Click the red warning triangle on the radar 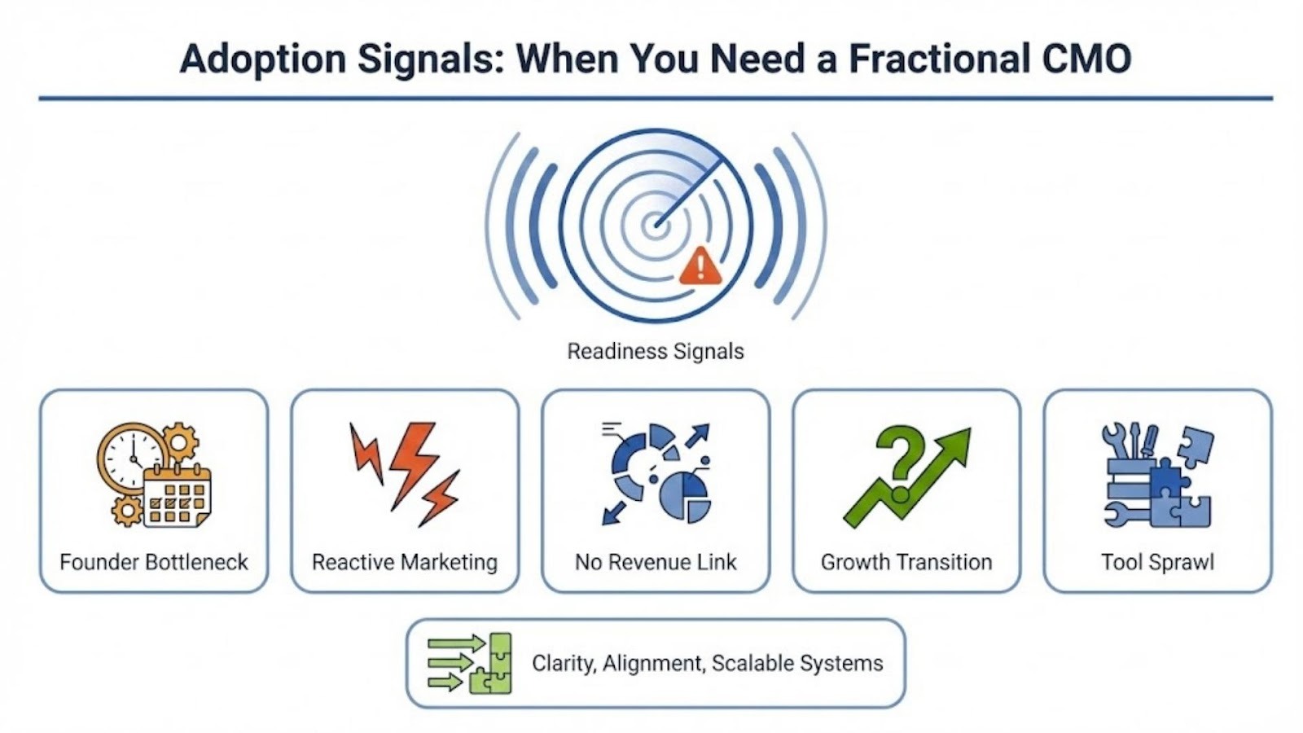(700, 266)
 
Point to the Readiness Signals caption (656, 351)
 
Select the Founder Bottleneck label (154, 562)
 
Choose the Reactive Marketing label (405, 562)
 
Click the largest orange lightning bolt (414, 463)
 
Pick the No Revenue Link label (656, 562)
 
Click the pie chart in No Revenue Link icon (685, 498)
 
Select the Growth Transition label (906, 562)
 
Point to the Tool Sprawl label (1157, 562)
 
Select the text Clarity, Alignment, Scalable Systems (708, 663)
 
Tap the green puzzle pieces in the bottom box (491, 664)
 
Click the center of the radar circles (656, 225)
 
